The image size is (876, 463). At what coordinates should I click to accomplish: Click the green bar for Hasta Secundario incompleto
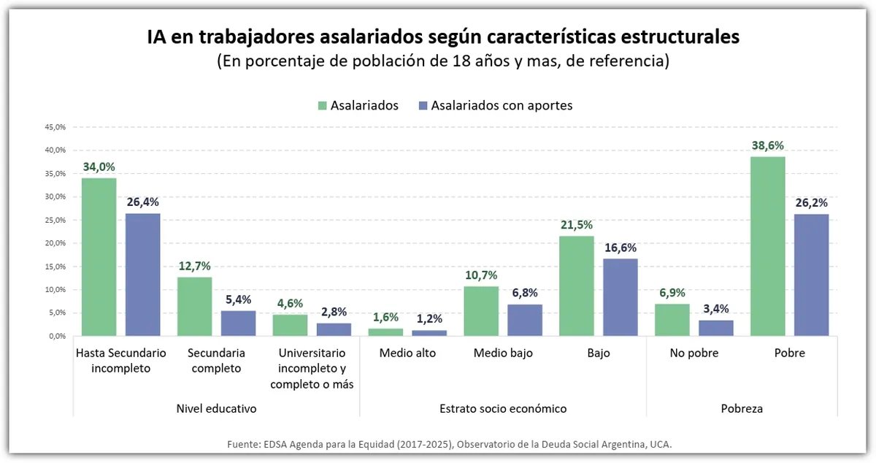(x=99, y=257)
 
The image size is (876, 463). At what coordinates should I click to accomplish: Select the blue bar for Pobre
(x=812, y=275)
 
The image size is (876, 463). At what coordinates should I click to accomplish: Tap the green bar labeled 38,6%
(x=768, y=246)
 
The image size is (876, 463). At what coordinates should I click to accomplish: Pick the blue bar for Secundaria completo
(x=238, y=323)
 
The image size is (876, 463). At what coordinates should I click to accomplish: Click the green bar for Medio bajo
(x=481, y=311)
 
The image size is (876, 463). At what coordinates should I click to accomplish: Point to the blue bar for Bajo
(x=620, y=297)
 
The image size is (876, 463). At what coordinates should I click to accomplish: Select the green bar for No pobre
(x=672, y=320)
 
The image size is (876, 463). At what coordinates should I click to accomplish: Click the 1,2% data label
(x=429, y=318)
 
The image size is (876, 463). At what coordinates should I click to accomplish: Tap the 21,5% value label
(x=576, y=225)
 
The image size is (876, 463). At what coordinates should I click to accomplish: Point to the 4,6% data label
(x=290, y=303)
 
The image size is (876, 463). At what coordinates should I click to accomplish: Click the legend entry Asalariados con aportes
(x=502, y=105)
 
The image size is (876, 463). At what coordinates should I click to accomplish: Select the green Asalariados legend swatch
(x=322, y=105)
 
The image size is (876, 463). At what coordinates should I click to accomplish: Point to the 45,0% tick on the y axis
(x=55, y=127)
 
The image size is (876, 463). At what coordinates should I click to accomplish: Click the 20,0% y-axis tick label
(x=55, y=243)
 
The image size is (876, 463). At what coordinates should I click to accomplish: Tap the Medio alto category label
(x=407, y=353)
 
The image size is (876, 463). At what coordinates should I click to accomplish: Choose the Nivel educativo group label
(x=217, y=408)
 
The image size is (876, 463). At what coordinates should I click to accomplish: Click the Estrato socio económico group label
(x=503, y=408)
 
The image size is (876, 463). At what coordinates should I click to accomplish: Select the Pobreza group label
(x=741, y=408)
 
